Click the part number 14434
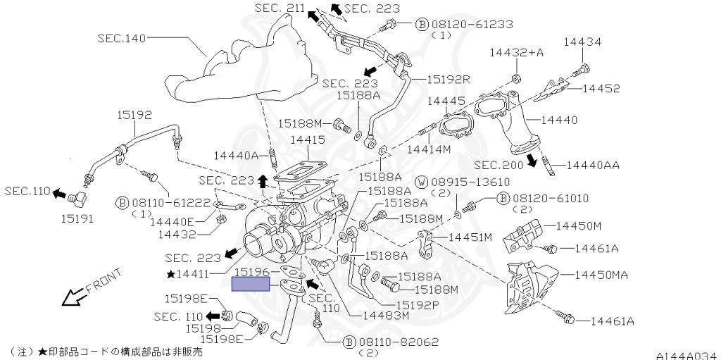[582, 43]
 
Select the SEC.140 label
[121, 38]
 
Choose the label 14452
[601, 89]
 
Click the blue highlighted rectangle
[251, 284]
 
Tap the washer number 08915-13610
[470, 182]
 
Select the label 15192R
[449, 79]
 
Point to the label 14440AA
[593, 166]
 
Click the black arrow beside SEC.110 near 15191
[60, 192]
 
